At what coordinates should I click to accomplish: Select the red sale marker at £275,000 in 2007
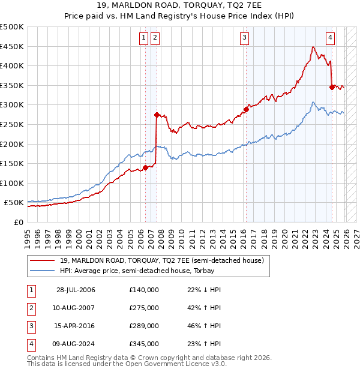(x=157, y=115)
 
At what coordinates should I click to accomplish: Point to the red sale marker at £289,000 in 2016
(x=246, y=109)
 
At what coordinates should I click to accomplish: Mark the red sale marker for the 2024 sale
(x=332, y=87)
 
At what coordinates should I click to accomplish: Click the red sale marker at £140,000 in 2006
(x=146, y=167)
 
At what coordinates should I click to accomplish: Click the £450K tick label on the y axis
(x=12, y=46)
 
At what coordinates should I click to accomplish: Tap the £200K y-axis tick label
(x=12, y=144)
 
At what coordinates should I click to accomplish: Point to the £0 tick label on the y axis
(x=18, y=222)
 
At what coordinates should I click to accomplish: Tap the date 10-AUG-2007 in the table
(x=76, y=308)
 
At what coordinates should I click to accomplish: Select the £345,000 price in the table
(x=144, y=344)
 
